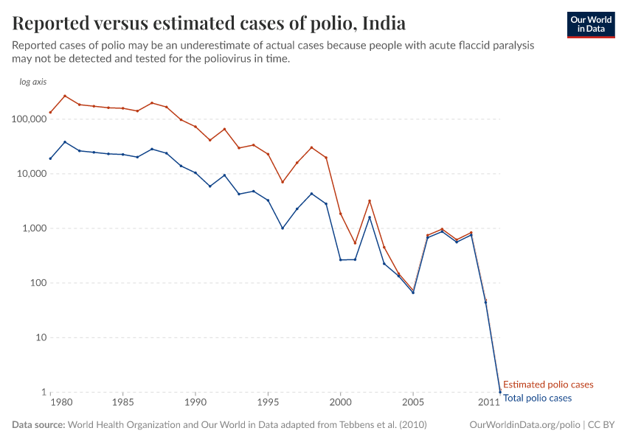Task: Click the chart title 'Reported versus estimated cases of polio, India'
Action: click(209, 23)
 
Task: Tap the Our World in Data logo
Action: click(590, 24)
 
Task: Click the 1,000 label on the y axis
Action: click(34, 228)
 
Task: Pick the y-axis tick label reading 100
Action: click(38, 283)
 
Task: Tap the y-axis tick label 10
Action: click(41, 337)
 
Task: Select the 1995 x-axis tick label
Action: click(268, 403)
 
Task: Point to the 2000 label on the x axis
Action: click(340, 403)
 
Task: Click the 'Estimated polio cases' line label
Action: click(548, 385)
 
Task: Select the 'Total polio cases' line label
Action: click(537, 398)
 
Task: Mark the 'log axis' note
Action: click(33, 82)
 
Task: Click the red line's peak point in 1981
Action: click(65, 96)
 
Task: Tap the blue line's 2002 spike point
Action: click(370, 217)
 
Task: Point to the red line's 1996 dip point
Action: click(283, 182)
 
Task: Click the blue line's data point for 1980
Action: click(50, 158)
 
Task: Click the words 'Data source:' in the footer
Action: click(38, 425)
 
